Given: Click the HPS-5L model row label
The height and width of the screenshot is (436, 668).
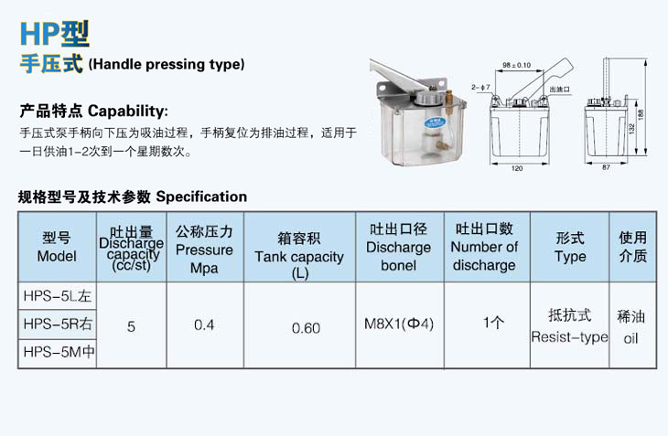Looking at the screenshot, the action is [x=58, y=296].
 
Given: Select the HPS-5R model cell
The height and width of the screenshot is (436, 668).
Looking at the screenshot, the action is [x=58, y=324].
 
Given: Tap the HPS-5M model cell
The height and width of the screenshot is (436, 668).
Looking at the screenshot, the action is [x=59, y=352].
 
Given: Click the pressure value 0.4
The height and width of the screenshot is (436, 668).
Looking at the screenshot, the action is [x=204, y=325].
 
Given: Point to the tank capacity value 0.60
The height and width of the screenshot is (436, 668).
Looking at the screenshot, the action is [x=306, y=328].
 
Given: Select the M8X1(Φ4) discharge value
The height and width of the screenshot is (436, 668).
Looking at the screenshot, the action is [x=399, y=324].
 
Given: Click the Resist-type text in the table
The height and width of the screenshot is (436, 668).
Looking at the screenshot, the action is [x=569, y=337].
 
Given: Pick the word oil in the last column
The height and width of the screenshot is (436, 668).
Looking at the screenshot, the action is [x=630, y=338].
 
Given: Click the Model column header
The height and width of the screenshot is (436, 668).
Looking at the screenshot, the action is [x=57, y=247].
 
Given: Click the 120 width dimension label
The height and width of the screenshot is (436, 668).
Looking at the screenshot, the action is [x=517, y=168].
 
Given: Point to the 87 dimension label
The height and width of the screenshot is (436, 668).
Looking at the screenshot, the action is [x=606, y=167].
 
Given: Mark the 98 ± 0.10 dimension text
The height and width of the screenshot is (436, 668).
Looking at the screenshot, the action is [x=516, y=65].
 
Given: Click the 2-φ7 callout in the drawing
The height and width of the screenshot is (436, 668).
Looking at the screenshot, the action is [x=480, y=87].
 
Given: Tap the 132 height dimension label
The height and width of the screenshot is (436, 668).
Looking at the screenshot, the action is [x=631, y=127].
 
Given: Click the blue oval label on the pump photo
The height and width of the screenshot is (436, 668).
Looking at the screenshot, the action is [x=435, y=122].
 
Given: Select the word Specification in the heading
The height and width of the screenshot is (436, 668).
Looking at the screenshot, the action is [x=201, y=197].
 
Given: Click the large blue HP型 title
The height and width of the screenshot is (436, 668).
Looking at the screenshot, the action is [x=55, y=34].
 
